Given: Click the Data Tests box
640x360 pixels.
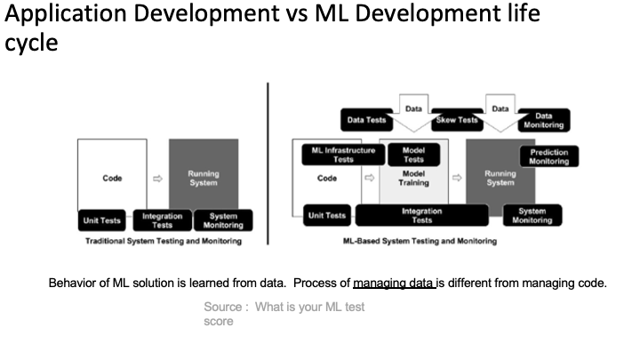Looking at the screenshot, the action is pos(366,120).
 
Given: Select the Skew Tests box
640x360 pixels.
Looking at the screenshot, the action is pos(457,120).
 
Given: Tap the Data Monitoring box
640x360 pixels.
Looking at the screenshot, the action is pos(544,120).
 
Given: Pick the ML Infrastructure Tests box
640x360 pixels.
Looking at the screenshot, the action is pos(343,155).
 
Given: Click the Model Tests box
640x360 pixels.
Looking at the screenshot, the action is pos(413,155).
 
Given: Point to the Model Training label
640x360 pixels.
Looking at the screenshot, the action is pos(413,179).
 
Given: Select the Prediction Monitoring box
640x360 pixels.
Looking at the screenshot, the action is pos(549,156).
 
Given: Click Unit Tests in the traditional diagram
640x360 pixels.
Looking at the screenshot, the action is pos(101,220).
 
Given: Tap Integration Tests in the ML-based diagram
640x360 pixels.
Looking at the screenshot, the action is pos(421,215).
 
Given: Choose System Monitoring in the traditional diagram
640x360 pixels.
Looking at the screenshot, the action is pos(223,220).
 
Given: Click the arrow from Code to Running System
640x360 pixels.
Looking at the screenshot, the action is pos(157,179).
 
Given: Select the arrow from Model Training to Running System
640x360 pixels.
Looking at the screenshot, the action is pos(457,178).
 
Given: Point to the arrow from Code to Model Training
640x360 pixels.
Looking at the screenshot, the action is pos(370,178).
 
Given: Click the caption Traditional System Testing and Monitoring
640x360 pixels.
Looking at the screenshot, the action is pos(164,241).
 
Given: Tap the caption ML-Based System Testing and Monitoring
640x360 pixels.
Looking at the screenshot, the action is pos(420,241).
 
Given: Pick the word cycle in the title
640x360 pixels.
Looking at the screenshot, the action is pos(31,44).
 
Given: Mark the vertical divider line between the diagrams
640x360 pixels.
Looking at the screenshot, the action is pos(268,164).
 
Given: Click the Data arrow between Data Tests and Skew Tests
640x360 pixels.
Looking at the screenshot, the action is pos(413,113).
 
